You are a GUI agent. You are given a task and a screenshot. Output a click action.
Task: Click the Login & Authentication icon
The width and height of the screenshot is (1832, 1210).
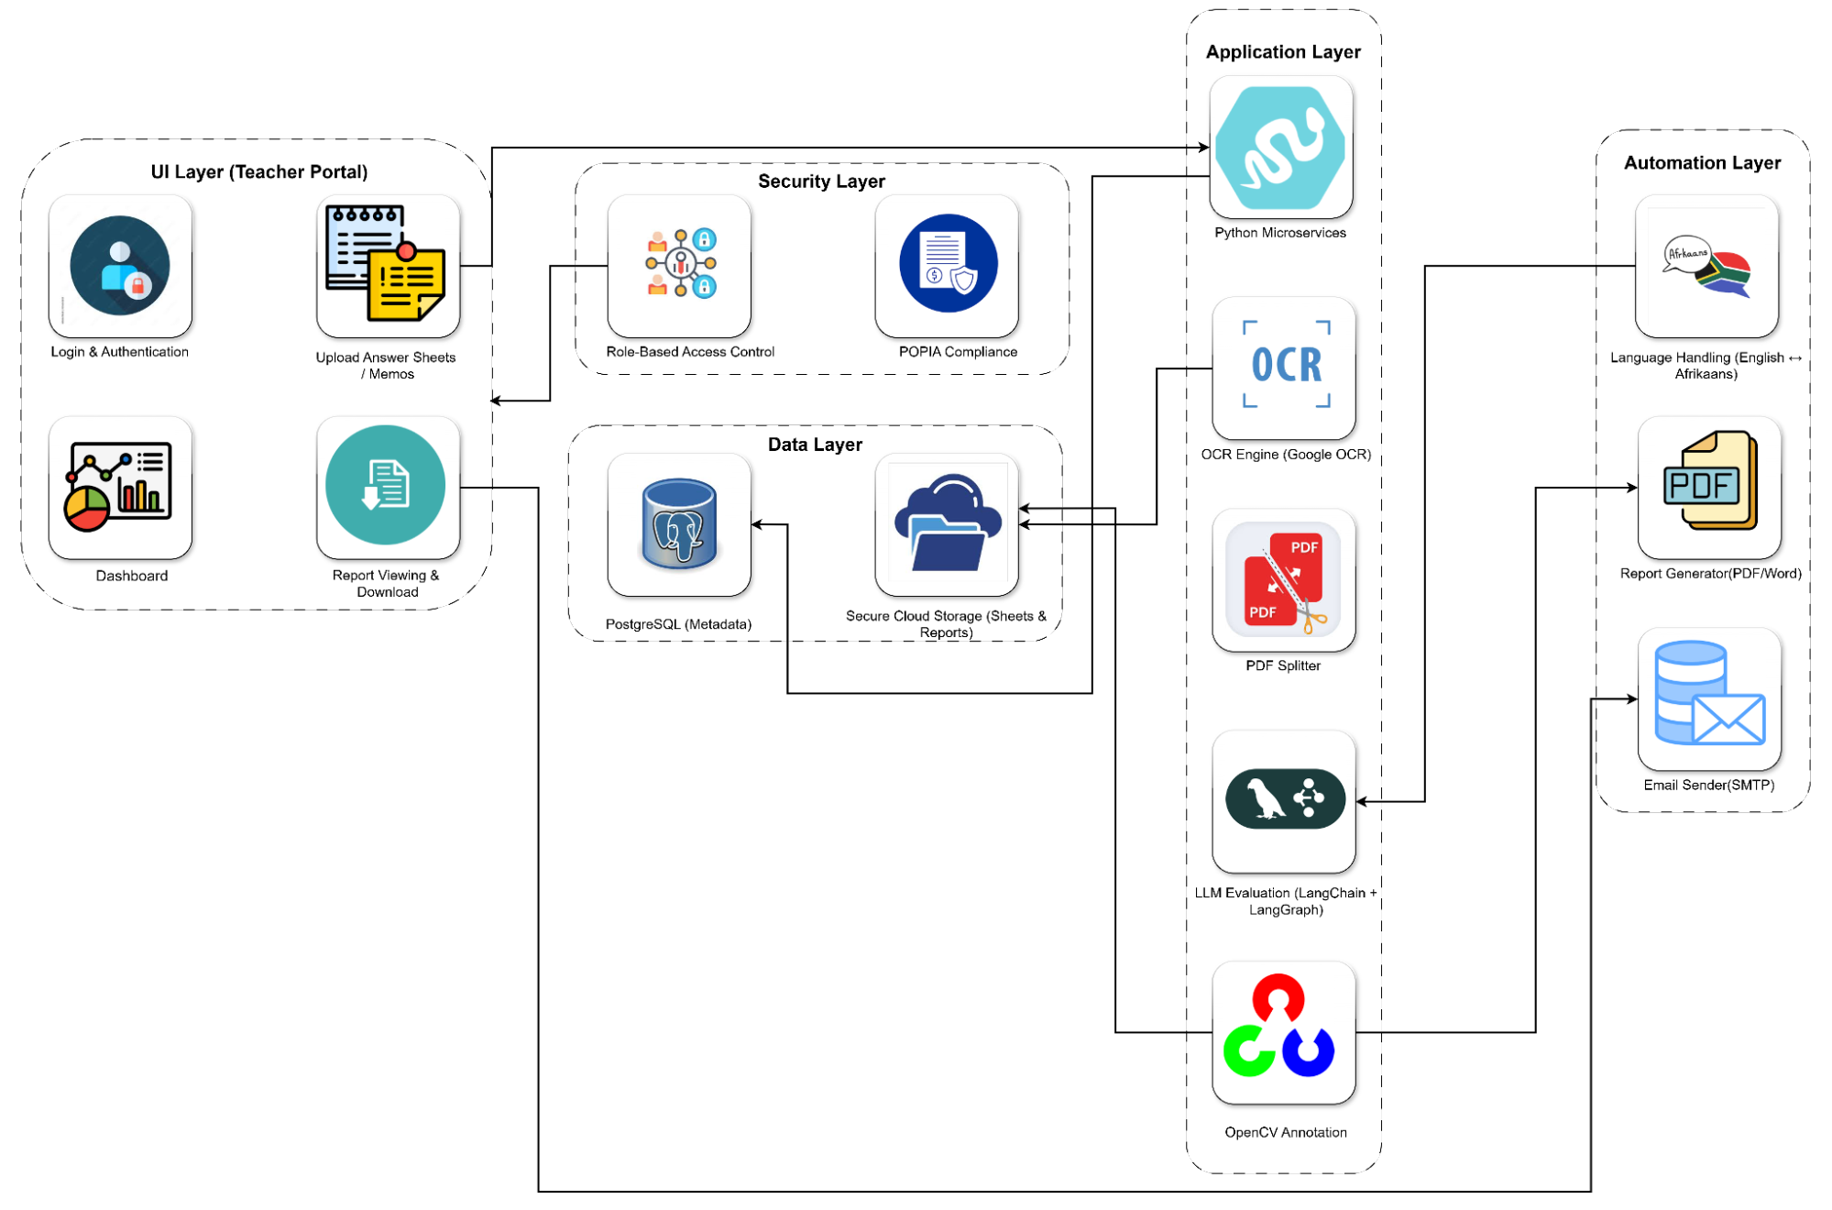120,266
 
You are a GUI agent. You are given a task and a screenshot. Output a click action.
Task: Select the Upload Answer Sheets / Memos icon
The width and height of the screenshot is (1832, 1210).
388,265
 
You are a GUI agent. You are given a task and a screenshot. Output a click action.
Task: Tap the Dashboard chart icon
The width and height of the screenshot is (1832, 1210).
120,488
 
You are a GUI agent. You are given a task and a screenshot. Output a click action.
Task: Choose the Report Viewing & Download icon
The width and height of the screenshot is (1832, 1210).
386,486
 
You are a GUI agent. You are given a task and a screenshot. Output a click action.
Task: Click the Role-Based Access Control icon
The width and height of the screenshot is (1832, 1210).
679,265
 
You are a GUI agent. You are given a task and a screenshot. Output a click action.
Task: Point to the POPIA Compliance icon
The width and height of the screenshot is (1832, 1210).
948,264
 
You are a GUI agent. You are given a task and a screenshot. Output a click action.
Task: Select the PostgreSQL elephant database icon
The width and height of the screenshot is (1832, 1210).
679,524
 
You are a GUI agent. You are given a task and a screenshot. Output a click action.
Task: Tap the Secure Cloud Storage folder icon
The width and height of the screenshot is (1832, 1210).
948,524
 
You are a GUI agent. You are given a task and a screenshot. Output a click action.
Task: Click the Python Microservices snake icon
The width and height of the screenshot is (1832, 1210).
1281,147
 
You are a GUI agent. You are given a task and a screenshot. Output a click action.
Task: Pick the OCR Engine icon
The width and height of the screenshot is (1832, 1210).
1285,366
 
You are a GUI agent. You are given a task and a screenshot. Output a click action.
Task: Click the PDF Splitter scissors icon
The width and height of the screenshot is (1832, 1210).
1283,581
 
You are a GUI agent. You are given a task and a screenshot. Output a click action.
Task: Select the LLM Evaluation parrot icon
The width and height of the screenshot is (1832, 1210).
1285,799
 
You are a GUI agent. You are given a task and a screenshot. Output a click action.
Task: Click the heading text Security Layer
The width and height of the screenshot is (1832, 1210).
821,181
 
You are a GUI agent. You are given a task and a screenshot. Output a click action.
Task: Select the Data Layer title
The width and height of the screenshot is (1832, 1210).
815,445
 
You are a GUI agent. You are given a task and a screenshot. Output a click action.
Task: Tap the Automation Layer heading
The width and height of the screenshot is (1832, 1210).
1702,163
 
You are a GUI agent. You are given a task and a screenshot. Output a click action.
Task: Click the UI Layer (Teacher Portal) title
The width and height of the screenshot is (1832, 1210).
259,172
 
